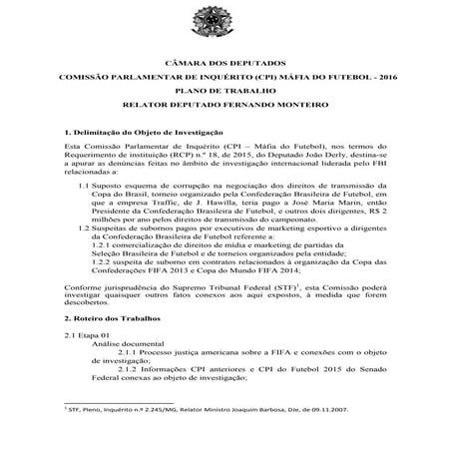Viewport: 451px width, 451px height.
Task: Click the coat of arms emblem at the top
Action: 225,30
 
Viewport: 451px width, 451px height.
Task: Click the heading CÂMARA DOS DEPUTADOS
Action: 225,62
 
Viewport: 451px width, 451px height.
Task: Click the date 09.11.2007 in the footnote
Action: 329,435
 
